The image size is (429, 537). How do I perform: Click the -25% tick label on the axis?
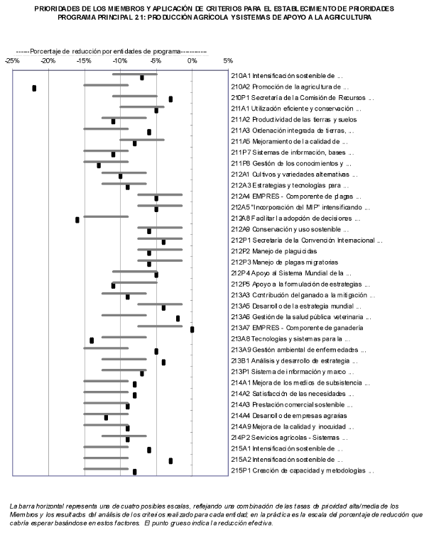(x=12, y=61)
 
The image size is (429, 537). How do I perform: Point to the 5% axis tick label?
(x=228, y=61)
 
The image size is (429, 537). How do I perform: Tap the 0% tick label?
(x=192, y=61)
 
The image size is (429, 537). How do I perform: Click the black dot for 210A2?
(x=34, y=88)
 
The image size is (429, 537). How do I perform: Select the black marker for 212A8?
(x=77, y=220)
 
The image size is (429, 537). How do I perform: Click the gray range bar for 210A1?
(x=134, y=74)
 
